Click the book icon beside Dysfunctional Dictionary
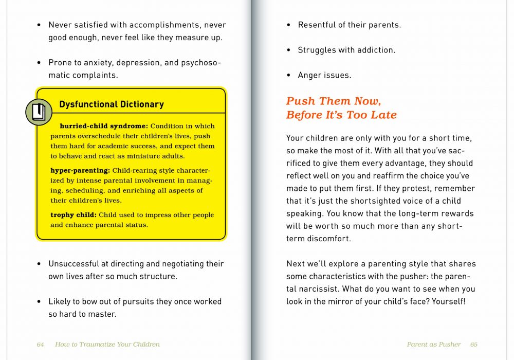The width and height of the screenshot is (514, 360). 39,112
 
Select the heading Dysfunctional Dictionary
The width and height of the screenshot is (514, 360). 112,104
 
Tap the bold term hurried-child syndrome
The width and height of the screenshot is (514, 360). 104,126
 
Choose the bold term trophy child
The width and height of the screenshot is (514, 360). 73,215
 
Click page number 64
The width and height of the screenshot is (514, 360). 40,344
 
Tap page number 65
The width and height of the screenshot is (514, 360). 473,344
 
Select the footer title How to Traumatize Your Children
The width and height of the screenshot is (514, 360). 107,344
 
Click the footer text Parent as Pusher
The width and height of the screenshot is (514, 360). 434,344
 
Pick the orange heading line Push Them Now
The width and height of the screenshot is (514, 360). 334,101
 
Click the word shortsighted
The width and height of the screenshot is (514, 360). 358,201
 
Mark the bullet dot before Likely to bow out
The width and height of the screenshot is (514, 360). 39,302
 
